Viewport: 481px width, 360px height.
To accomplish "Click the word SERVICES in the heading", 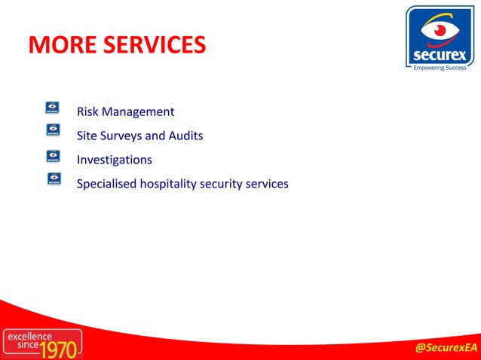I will pos(155,44).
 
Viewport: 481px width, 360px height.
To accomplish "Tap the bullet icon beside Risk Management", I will pos(54,108).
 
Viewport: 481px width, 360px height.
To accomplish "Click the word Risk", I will pos(88,112).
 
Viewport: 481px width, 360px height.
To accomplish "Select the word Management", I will pos(139,112).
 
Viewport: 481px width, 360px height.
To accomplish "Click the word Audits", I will pos(187,136).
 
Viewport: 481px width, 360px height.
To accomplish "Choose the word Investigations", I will pos(115,160).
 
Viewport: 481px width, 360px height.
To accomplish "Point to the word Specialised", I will pos(107,184).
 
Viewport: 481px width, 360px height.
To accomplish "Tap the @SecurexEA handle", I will pos(447,347).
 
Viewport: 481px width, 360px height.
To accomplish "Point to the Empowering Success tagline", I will pos(440,68).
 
